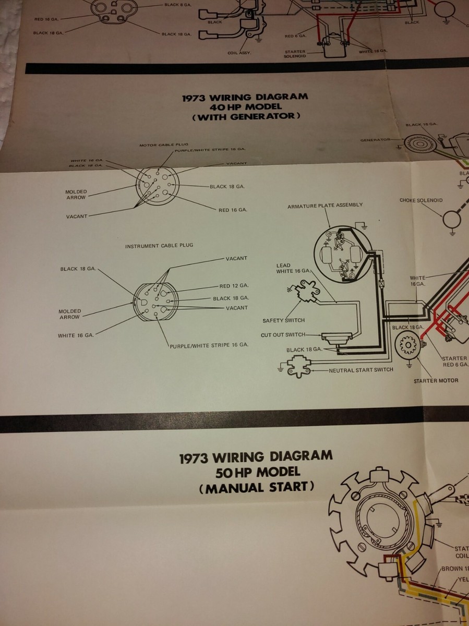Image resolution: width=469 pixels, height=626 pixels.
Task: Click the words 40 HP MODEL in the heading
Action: coord(245,106)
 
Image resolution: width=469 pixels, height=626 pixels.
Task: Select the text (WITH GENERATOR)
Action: coord(245,116)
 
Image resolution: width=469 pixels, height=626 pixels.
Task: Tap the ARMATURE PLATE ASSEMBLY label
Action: coord(325,206)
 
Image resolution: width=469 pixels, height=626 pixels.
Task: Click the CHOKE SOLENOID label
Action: coord(421,200)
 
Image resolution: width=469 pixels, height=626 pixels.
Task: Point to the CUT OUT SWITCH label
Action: coord(283,335)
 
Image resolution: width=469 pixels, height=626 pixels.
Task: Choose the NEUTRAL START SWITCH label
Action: coord(361,370)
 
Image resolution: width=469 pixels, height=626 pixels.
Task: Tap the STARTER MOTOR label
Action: coord(436,380)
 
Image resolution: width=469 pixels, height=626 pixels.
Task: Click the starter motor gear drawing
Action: coord(407,345)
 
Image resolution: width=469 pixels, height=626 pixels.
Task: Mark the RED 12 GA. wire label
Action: coord(233,286)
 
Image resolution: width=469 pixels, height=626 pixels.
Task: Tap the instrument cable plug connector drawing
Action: coord(155,301)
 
